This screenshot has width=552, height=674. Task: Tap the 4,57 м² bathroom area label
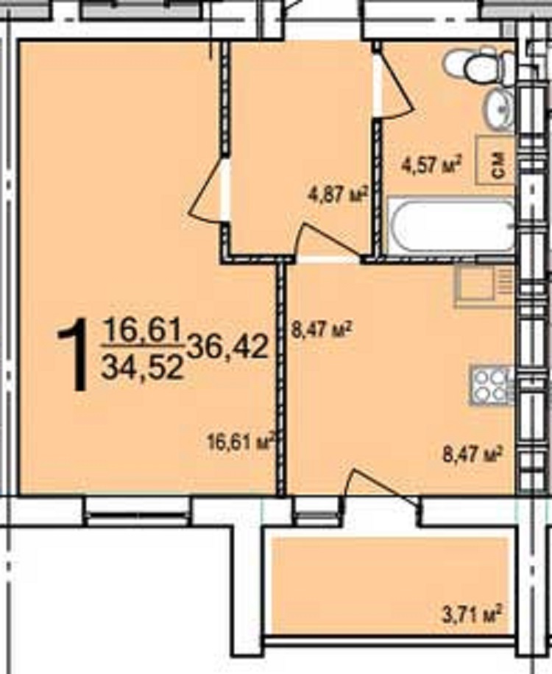pos(431,164)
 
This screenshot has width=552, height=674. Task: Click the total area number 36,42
pos(227,347)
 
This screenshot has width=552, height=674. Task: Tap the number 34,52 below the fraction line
pos(142,367)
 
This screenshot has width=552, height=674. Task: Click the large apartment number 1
pos(73,354)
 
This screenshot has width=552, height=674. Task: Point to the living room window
pos(138,511)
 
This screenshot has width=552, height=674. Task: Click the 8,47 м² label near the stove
pos(473,454)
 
